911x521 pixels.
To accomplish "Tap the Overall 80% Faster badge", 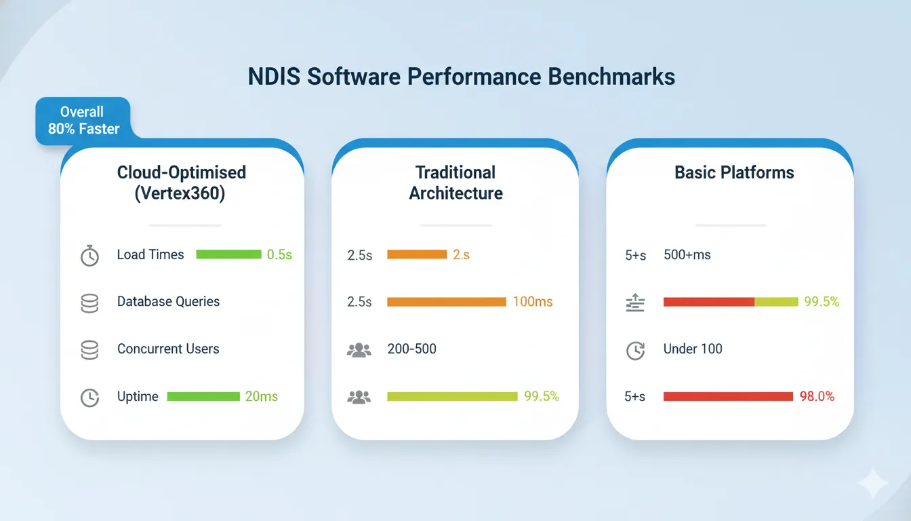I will [83, 121].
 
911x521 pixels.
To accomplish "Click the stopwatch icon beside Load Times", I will [89, 256].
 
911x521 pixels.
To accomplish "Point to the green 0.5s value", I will [279, 255].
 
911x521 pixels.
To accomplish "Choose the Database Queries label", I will [168, 302].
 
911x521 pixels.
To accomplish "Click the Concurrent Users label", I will [168, 349].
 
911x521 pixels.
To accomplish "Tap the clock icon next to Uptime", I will [89, 398].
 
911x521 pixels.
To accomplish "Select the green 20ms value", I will [261, 397].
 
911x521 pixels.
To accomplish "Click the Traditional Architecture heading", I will [455, 183].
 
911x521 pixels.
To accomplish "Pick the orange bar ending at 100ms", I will [446, 302].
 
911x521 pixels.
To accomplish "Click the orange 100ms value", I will [532, 302].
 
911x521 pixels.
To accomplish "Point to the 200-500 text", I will [411, 349].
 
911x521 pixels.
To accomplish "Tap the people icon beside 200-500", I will [359, 350].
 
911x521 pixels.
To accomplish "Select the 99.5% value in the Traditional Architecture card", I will [541, 397].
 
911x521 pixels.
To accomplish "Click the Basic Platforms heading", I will [733, 172].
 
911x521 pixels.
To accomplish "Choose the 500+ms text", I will [687, 255].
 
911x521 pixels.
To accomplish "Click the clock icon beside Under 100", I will [635, 351].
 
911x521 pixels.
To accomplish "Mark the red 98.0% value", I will [817, 397].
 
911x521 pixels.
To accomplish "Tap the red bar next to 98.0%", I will [727, 397].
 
